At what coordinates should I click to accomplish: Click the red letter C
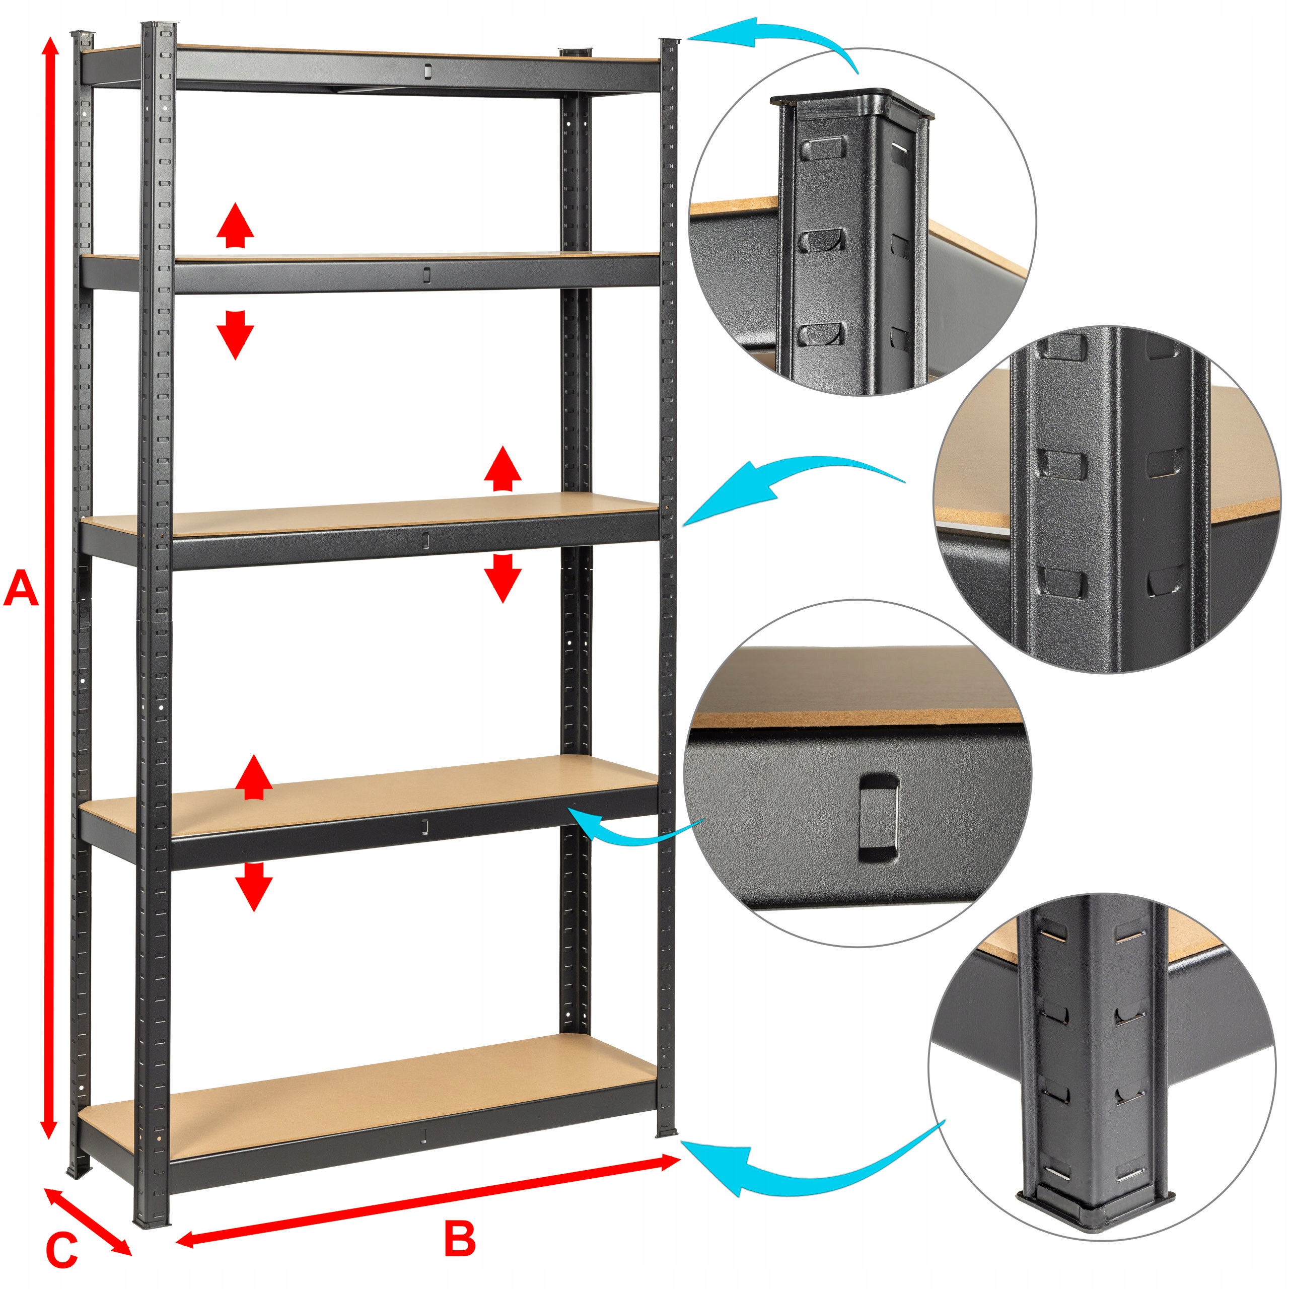pos(61,1251)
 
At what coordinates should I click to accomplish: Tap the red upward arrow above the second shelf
pos(235,226)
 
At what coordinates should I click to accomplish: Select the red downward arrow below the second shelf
pos(235,334)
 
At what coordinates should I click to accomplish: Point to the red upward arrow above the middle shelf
pos(503,470)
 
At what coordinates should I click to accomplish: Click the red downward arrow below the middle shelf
pos(503,577)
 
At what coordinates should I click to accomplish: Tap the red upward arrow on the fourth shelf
pos(254,778)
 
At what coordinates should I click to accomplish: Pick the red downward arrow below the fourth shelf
pos(254,885)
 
